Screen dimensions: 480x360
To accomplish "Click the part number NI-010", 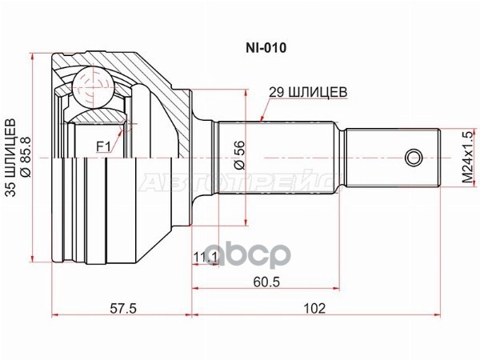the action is tap(266, 48).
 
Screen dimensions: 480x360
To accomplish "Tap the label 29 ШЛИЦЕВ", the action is tap(308, 92).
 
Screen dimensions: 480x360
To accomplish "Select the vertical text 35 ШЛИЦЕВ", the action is tap(11, 158).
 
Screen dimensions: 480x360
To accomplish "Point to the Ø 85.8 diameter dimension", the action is tap(26, 158).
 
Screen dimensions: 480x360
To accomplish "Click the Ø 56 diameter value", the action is tap(239, 154).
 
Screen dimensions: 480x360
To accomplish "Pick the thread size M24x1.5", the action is tap(468, 157).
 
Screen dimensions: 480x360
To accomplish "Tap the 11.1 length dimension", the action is tap(205, 258).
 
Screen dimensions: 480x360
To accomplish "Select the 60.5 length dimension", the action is tap(266, 282).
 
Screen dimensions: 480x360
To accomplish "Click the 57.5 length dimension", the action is tap(122, 308).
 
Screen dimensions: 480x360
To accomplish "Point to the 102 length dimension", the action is tap(314, 308).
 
